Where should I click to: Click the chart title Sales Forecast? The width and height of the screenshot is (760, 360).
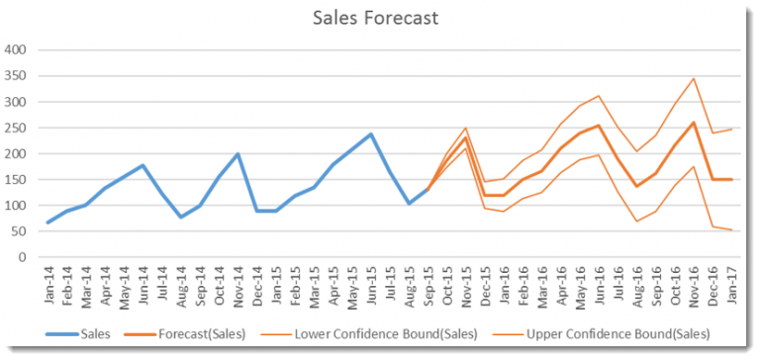[377, 18]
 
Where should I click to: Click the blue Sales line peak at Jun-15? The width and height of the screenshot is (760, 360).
[371, 134]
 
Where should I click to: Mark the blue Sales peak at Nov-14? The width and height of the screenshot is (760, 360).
[238, 153]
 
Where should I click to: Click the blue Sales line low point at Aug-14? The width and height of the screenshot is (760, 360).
[181, 217]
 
